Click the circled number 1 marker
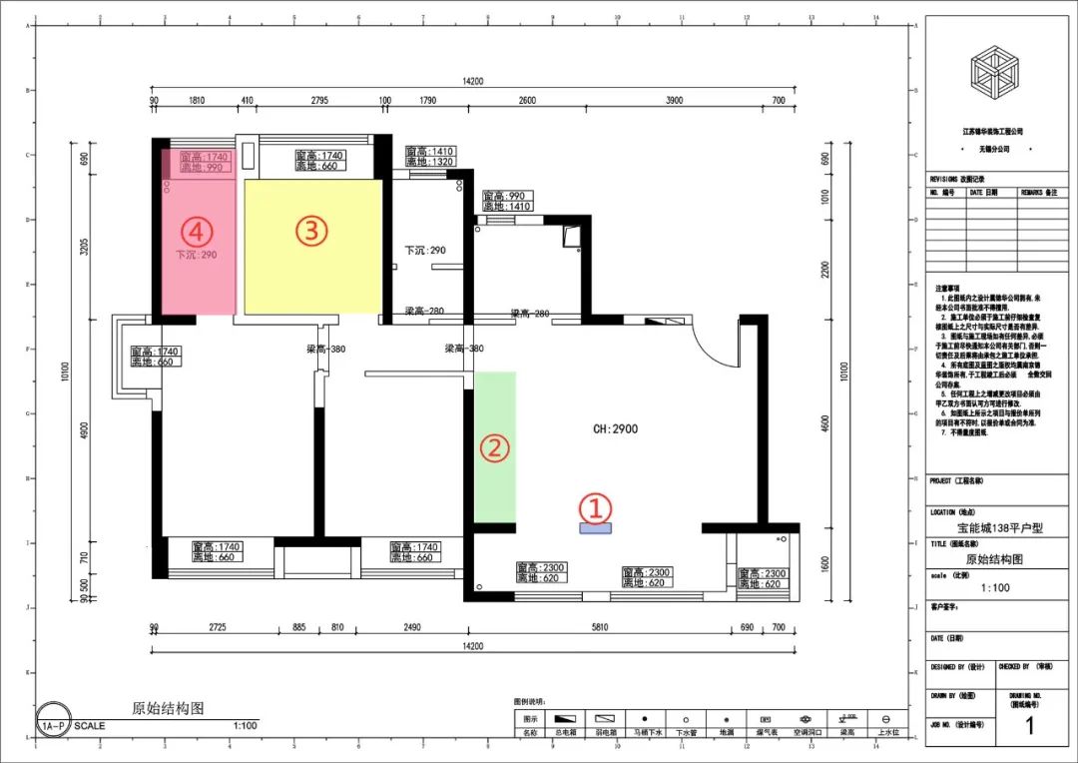point(596,508)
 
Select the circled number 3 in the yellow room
point(311,231)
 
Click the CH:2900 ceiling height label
point(615,428)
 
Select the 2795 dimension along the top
point(319,101)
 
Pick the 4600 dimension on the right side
point(824,422)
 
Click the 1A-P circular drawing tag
point(53,726)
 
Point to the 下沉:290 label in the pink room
point(197,255)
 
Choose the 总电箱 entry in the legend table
point(565,732)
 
